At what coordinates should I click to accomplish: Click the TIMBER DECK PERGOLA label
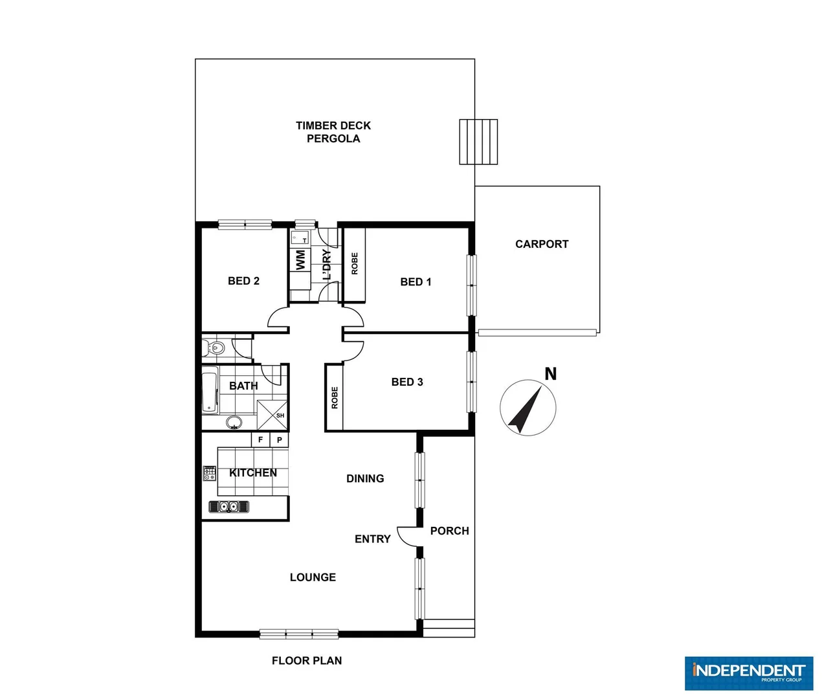[x=333, y=132]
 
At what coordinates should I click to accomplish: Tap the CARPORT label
[x=542, y=244]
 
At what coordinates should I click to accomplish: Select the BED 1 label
[x=416, y=282]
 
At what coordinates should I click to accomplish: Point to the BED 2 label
[x=243, y=281]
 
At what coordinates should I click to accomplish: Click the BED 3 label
[x=407, y=382]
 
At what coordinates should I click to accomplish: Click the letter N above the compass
[x=550, y=374]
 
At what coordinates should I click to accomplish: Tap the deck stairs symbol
[x=478, y=142]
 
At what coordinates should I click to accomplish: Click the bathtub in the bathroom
[x=210, y=390]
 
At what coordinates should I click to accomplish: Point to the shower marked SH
[x=272, y=416]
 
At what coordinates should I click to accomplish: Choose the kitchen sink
[x=228, y=507]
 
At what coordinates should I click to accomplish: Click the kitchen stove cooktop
[x=209, y=473]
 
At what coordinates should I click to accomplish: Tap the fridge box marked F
[x=260, y=440]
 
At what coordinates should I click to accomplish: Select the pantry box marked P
[x=279, y=440]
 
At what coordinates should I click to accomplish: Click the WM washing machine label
[x=300, y=260]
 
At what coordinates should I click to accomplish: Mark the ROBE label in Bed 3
[x=335, y=397]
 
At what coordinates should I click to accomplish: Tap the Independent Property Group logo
[x=748, y=673]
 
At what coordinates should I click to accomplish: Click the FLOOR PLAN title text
[x=306, y=661]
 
